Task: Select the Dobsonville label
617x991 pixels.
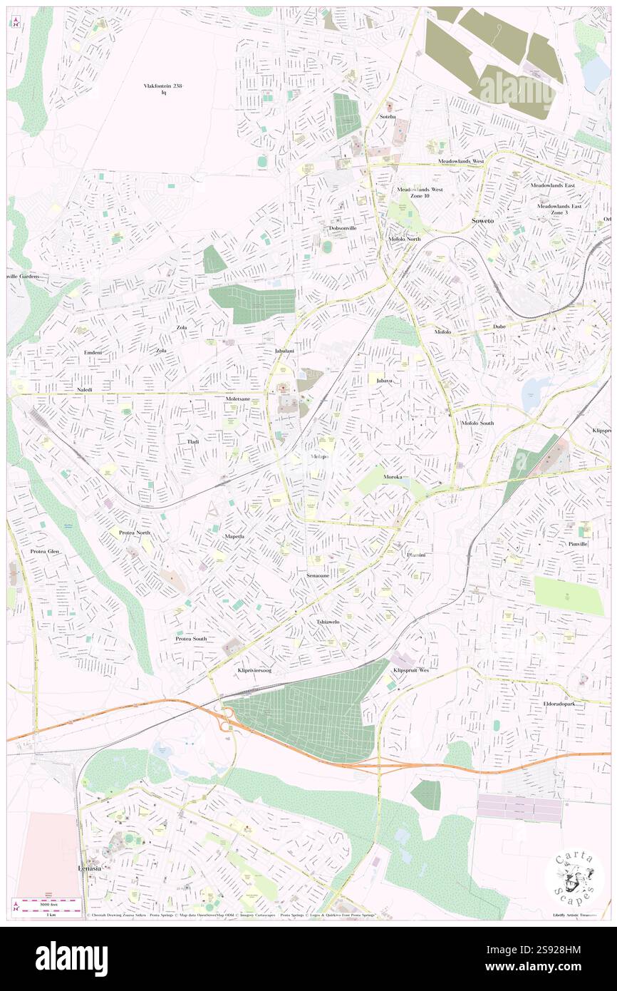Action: point(342,228)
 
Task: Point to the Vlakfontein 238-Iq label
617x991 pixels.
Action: point(163,88)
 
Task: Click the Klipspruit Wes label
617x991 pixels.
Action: point(411,671)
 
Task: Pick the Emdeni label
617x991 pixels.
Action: point(93,353)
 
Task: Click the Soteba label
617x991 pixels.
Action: point(388,116)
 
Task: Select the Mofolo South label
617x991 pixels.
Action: point(477,423)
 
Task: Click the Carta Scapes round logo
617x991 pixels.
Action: point(575,876)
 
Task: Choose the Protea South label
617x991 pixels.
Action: point(191,639)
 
